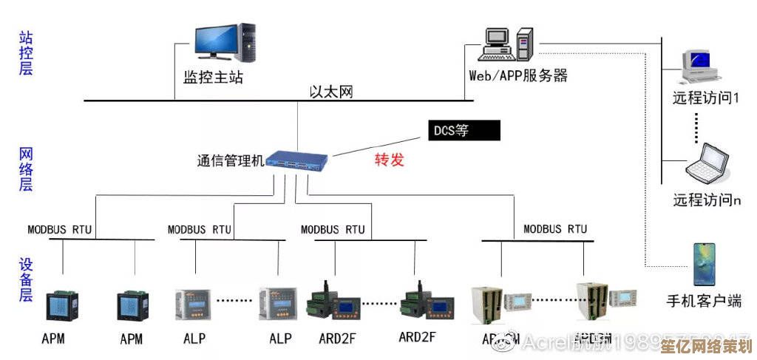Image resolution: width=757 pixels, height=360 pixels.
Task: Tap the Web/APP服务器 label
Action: (518, 75)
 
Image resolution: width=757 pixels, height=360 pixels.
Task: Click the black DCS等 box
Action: (464, 130)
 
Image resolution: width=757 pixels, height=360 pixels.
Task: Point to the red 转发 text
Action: (390, 159)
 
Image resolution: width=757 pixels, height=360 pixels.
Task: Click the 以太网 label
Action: (330, 92)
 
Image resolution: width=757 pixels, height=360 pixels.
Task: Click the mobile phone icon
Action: (704, 264)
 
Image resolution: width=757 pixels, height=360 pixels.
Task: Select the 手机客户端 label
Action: (704, 301)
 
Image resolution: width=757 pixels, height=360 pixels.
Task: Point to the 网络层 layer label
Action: (27, 169)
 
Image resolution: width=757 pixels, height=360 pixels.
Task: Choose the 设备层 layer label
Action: (27, 279)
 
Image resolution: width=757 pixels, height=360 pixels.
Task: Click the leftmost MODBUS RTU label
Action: (60, 229)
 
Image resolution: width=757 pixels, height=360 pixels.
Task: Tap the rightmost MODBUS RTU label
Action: (555, 228)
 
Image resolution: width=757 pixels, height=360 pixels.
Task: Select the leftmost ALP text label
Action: (194, 339)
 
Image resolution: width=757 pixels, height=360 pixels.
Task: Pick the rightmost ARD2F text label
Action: (417, 337)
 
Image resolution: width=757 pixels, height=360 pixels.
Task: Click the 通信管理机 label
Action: (230, 160)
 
